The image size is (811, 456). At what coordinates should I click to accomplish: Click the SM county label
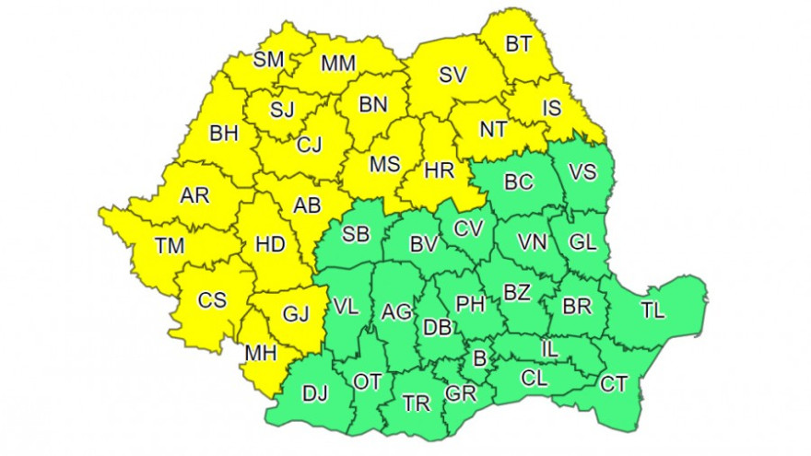[x=269, y=60]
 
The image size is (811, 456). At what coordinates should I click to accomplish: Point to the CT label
[x=614, y=382]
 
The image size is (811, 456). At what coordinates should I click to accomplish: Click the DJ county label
[x=315, y=395]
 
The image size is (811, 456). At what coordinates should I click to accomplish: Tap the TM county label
[x=170, y=246]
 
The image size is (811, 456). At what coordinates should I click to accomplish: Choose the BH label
[x=224, y=134]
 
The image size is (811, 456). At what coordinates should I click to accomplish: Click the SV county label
[x=453, y=76]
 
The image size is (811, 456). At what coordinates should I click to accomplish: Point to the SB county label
[x=356, y=234]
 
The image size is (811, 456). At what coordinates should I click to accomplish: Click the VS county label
[x=582, y=171]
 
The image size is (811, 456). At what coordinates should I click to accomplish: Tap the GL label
[x=582, y=241]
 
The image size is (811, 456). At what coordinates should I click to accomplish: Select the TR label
[x=417, y=403]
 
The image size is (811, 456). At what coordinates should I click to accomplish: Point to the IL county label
[x=549, y=349]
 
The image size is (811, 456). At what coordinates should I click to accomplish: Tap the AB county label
[x=306, y=207]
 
